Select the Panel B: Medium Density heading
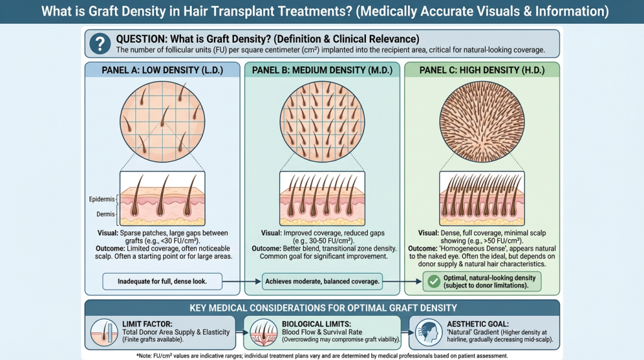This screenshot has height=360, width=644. point(321,70)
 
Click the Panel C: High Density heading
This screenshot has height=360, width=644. point(481,70)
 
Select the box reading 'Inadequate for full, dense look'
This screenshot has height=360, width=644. point(162,281)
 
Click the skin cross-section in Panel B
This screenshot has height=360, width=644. point(321,200)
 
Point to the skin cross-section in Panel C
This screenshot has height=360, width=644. point(481,200)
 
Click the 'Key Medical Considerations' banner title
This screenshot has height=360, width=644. point(322,308)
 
